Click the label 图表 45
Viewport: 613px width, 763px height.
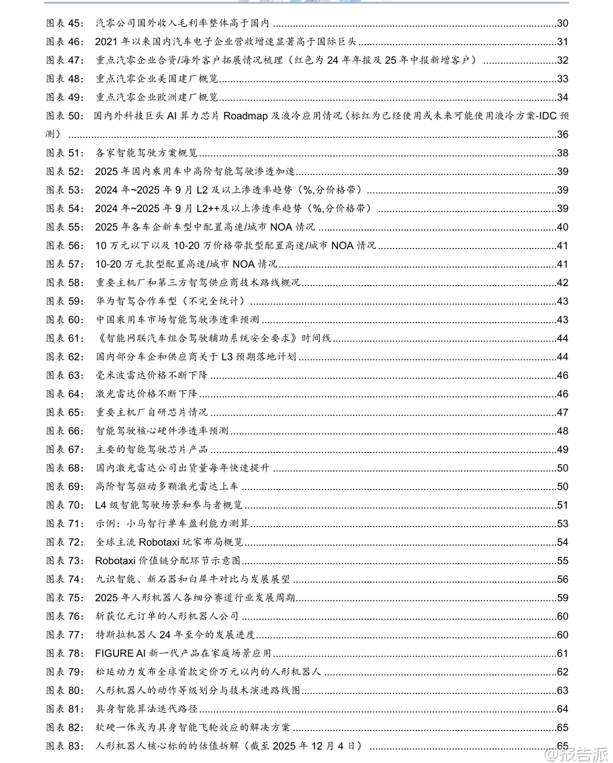point(65,23)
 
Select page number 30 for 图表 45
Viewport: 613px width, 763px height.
point(562,23)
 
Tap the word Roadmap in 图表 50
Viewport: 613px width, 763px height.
point(245,116)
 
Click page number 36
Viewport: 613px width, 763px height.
point(562,134)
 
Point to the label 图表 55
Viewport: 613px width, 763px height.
point(65,227)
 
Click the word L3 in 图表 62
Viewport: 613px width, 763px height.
point(227,357)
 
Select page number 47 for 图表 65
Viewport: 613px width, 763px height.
point(562,412)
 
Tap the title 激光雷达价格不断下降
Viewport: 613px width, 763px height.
point(146,394)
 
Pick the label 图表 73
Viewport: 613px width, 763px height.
point(65,561)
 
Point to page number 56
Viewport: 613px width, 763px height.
point(562,579)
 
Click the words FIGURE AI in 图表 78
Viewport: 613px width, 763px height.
point(120,653)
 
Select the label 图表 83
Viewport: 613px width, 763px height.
point(65,746)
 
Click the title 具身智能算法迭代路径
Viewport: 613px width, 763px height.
point(147,709)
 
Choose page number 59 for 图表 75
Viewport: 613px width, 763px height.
point(562,598)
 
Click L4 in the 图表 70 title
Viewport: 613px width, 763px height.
point(101,505)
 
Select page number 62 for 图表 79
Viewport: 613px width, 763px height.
point(562,672)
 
